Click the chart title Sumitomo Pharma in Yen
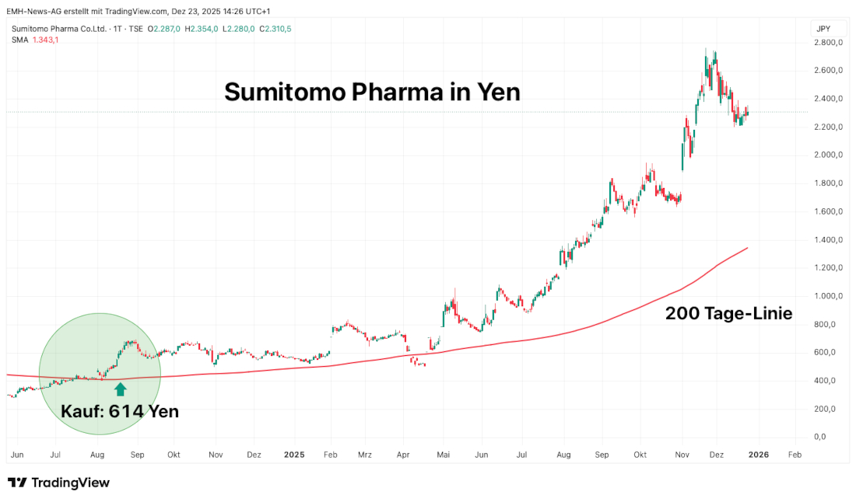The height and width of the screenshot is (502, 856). [x=372, y=92]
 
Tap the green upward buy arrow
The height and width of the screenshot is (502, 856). [x=120, y=389]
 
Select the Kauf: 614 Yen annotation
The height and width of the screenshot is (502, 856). [x=120, y=411]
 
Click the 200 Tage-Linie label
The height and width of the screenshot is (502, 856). [x=729, y=314]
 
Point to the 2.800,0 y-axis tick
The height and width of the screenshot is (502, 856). [x=828, y=42]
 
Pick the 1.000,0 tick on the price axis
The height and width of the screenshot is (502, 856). [x=828, y=296]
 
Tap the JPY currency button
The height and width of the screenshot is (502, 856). [x=823, y=28]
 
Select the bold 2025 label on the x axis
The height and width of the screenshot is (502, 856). [x=293, y=455]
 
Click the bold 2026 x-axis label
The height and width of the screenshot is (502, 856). [x=758, y=455]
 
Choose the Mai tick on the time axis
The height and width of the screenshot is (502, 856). [x=443, y=455]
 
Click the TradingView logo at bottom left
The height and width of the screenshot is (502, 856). [x=58, y=483]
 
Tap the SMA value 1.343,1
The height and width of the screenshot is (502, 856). [x=46, y=40]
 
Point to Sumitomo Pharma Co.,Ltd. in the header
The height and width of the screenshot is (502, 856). [x=58, y=29]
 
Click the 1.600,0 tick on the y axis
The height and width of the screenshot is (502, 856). [x=828, y=211]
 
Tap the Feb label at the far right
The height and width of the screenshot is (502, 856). [x=793, y=455]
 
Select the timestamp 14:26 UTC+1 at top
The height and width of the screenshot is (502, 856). [x=244, y=11]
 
